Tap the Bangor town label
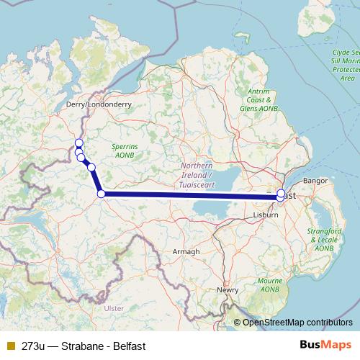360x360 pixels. [x=316, y=180]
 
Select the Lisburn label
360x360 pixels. [x=266, y=215]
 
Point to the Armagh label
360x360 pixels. [x=186, y=251]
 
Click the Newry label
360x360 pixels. [x=228, y=290]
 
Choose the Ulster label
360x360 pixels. [x=114, y=308]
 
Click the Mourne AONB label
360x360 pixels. [x=270, y=284]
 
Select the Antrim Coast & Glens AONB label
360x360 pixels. [x=258, y=99]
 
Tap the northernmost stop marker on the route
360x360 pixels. [x=78, y=143]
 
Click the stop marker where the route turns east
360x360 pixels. [x=102, y=193]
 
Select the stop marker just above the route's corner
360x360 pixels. [x=91, y=167]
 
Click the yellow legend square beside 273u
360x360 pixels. [x=10, y=346]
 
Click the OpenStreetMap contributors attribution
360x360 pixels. [x=297, y=323]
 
